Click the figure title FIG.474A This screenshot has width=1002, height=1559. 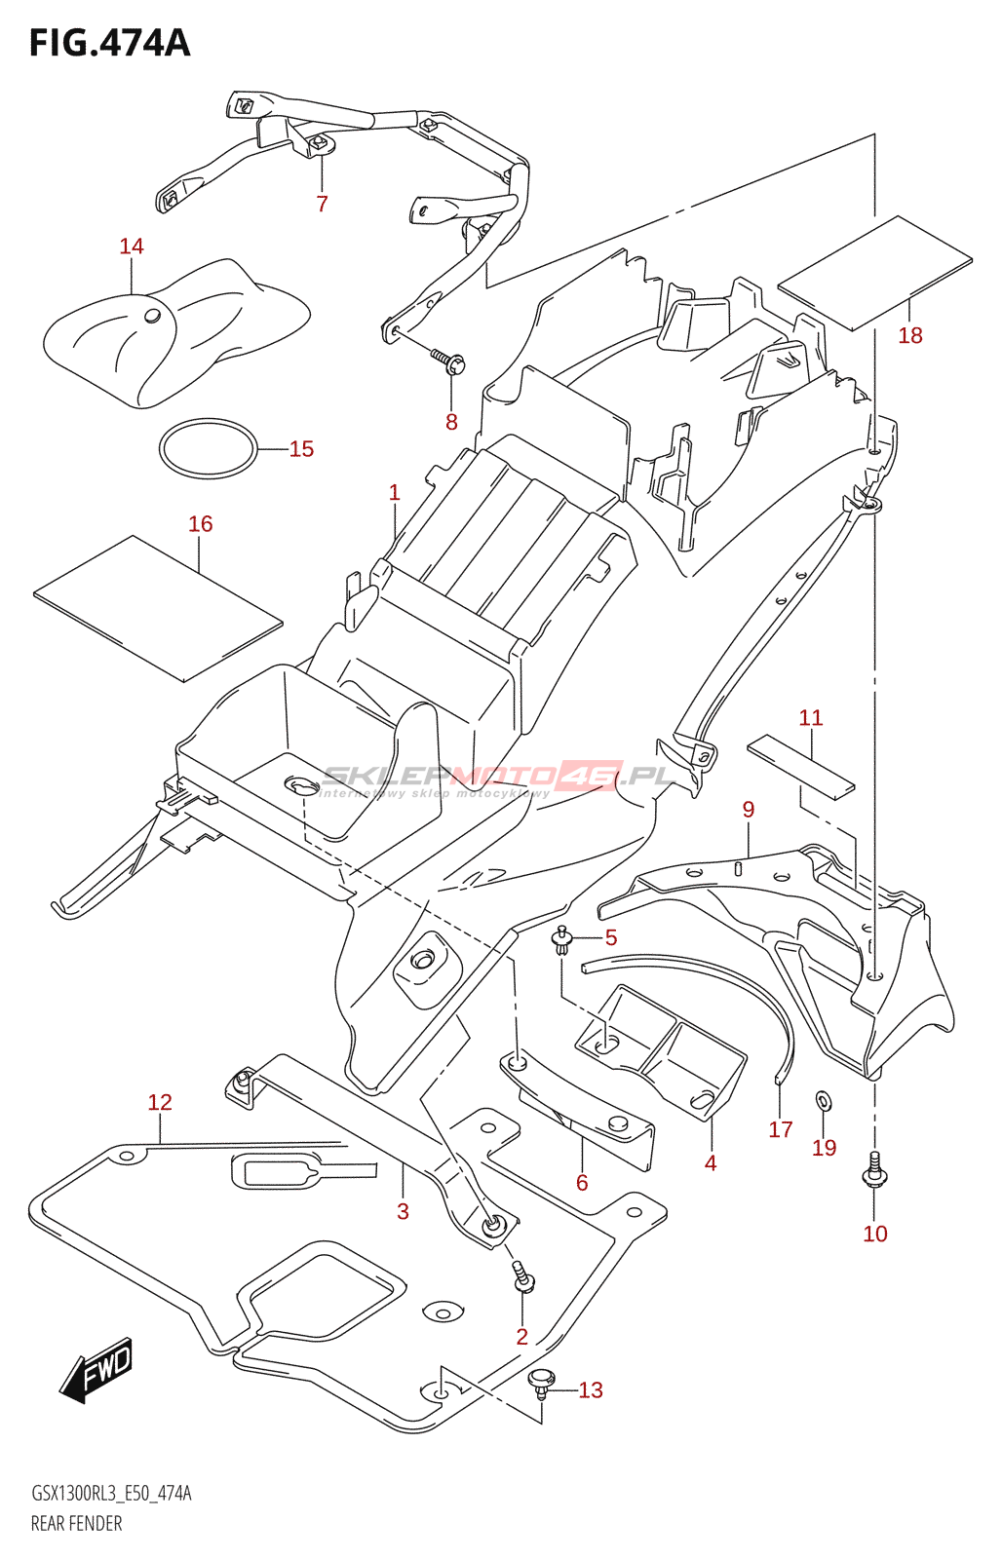click(109, 44)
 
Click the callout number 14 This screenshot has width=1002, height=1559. click(132, 247)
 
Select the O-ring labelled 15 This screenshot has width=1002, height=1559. click(208, 448)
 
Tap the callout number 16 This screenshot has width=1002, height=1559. click(200, 524)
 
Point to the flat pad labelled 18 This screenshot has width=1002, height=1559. click(874, 273)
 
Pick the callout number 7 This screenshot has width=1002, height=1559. click(323, 204)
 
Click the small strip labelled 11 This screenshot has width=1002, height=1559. click(800, 765)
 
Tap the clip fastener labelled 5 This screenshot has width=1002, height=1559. click(561, 939)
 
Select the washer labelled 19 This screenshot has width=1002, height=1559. click(823, 1101)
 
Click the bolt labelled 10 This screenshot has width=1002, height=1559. click(874, 1170)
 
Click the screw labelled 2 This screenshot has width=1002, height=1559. click(523, 1277)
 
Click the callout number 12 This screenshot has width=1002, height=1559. click(160, 1102)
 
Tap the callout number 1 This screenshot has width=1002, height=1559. click(394, 493)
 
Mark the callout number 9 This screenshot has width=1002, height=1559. click(748, 810)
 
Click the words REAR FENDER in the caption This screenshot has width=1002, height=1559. click(76, 1524)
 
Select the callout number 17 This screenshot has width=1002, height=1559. click(780, 1129)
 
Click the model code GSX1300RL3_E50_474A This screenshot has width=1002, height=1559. click(111, 1494)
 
